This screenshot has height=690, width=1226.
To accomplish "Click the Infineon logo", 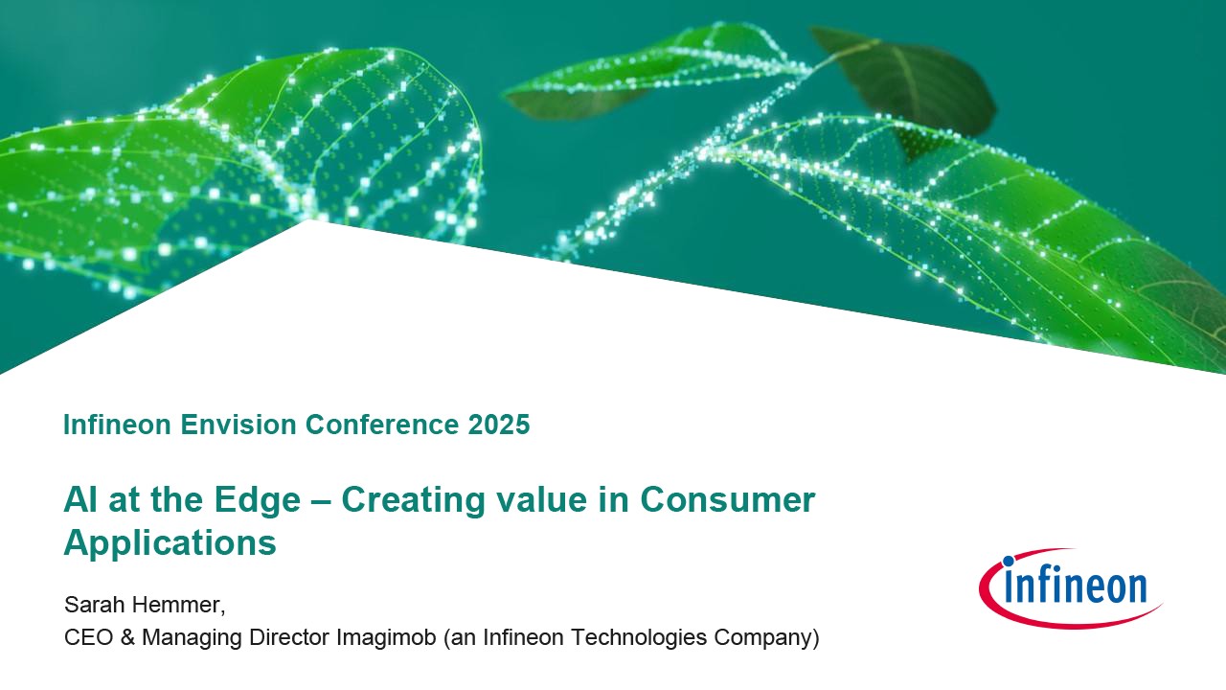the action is click(1070, 587).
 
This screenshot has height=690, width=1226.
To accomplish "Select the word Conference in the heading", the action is click(382, 425).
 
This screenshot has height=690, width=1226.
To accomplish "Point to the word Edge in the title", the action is click(258, 501).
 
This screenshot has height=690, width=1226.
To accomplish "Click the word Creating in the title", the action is click(413, 501).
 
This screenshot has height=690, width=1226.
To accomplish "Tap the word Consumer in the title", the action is click(727, 499).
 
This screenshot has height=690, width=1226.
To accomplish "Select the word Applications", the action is click(170, 543).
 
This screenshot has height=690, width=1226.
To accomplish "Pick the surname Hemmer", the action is click(178, 605).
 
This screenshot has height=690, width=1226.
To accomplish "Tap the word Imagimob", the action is click(386, 637).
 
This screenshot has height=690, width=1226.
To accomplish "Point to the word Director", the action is click(288, 637).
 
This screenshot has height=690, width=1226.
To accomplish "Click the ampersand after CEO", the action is click(127, 637).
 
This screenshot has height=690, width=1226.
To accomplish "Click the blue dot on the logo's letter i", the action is click(1009, 561).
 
